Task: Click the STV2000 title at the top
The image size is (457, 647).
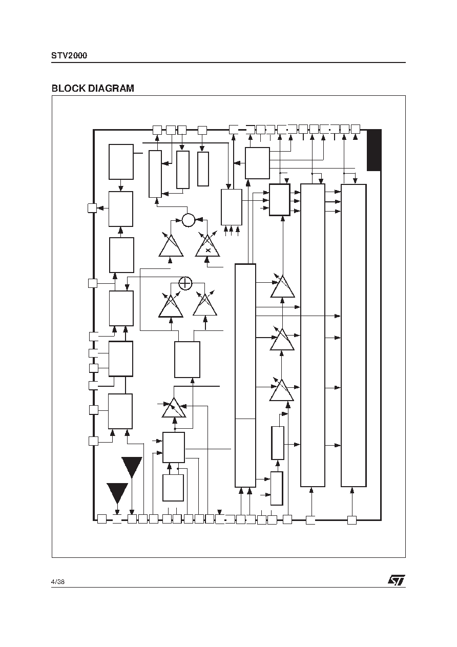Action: pos(69,55)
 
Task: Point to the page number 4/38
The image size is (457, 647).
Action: pos(58,582)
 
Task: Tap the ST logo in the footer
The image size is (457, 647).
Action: pos(396,580)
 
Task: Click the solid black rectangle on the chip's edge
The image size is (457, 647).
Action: pos(374,150)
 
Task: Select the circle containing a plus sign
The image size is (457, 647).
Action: pos(185,283)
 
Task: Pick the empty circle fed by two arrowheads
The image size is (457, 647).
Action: pos(189,220)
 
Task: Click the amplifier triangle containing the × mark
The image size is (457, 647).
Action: pos(207,246)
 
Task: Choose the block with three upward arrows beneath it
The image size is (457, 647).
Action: pos(232,207)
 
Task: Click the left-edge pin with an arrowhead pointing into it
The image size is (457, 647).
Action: pos(92,208)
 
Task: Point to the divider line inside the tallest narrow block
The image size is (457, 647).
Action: pos(245,419)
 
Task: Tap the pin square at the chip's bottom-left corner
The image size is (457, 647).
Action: pos(102,519)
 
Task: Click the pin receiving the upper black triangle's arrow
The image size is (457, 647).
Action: pos(132,519)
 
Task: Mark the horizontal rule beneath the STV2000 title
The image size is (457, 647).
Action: pos(228,62)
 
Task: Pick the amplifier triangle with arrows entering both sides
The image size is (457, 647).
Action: pos(174,408)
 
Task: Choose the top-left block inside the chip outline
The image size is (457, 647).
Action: pos(121,162)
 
